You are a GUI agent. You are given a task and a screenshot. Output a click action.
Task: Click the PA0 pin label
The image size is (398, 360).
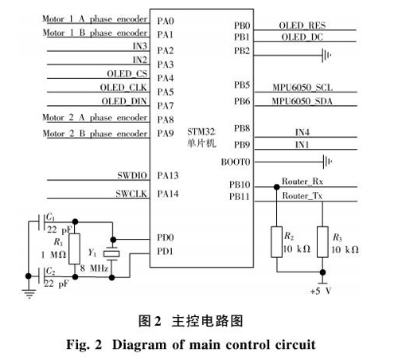(166, 21)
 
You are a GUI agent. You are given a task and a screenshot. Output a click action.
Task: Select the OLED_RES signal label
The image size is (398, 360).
(302, 25)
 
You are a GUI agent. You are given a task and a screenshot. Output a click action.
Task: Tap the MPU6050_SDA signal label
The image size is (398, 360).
(302, 101)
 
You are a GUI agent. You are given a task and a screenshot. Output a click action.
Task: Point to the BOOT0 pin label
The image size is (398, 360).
(236, 162)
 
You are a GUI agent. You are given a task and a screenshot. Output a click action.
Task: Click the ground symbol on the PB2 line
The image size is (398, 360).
(326, 55)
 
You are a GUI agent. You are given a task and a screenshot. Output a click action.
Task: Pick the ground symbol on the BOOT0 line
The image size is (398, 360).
(328, 162)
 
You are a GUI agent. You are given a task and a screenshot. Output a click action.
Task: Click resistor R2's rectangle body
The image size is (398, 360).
(276, 242)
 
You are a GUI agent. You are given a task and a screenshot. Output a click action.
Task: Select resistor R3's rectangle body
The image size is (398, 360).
(322, 242)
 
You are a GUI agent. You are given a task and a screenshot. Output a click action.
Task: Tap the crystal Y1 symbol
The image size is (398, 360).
(111, 254)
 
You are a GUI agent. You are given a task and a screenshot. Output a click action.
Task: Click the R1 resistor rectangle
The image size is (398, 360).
(75, 248)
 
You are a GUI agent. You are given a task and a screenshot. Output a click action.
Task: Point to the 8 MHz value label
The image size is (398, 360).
(94, 268)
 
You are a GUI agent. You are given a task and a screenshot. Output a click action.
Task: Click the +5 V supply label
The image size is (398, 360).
(321, 291)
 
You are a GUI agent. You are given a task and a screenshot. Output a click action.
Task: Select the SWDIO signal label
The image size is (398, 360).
(132, 175)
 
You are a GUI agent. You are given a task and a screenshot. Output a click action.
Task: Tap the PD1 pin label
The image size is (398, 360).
(165, 251)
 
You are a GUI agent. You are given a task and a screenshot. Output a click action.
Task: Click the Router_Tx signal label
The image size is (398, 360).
(302, 196)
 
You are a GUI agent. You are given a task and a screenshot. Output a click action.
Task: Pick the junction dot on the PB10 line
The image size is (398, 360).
(276, 187)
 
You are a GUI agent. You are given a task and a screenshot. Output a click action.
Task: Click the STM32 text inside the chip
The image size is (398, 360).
(201, 131)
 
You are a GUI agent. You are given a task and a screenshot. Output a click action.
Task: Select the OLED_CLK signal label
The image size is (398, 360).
(123, 88)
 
